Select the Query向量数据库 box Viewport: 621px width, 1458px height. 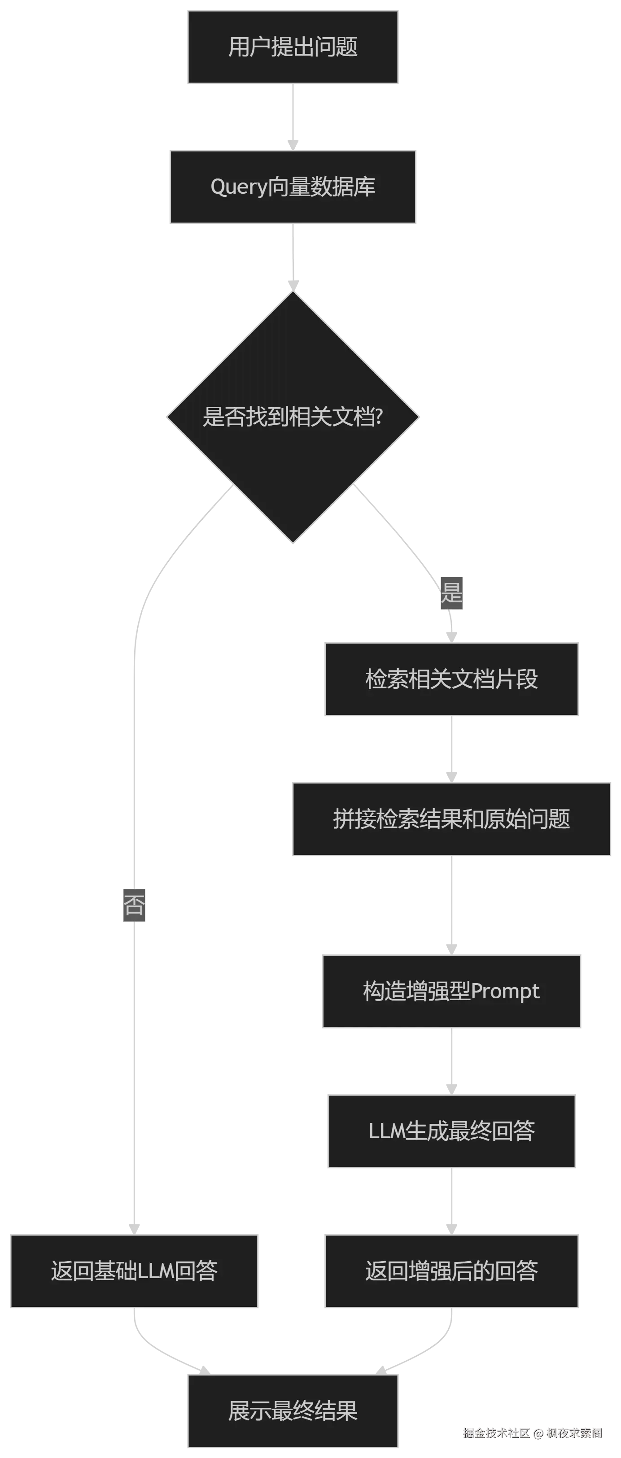click(294, 187)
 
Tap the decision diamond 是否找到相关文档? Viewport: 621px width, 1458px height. click(293, 417)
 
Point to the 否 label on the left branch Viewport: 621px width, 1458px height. click(135, 904)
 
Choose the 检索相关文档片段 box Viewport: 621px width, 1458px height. click(452, 679)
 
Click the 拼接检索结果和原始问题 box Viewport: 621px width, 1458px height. click(452, 819)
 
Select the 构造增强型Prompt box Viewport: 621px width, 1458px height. click(450, 992)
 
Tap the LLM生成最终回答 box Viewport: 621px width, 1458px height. click(452, 1132)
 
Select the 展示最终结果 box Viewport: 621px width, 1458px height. click(294, 1411)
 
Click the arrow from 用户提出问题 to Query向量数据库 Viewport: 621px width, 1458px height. click(293, 116)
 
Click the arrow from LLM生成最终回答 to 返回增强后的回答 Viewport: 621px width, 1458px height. click(452, 1201)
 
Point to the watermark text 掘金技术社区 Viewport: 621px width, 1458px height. click(496, 1432)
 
